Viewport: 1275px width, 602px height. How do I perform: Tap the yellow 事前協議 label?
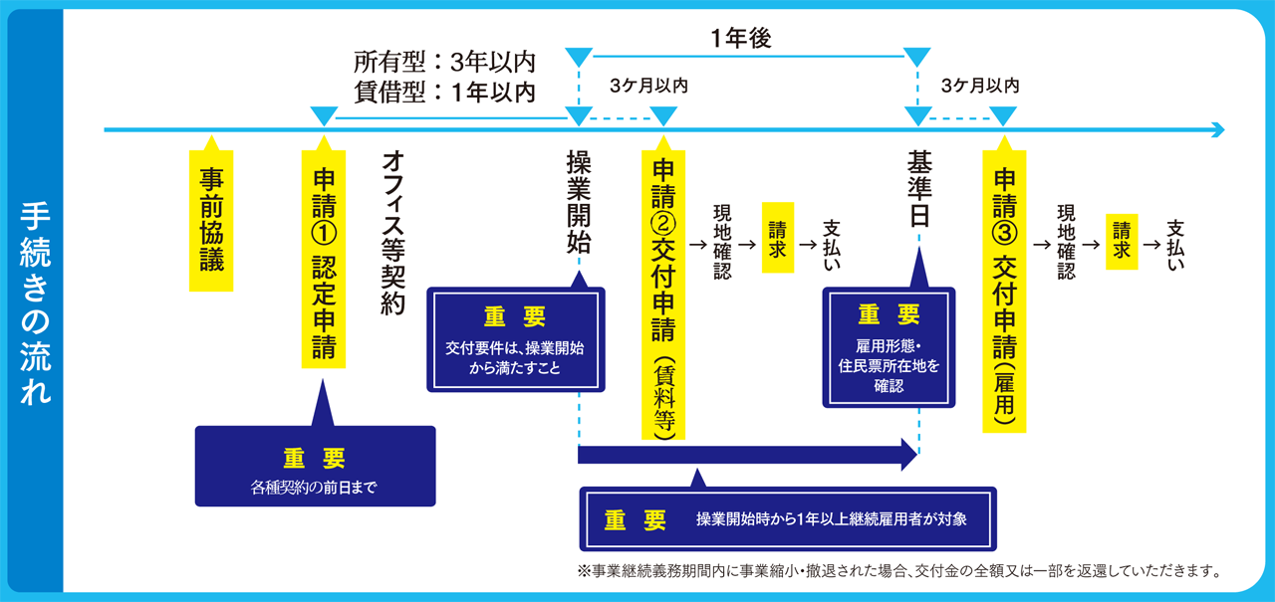click(x=211, y=220)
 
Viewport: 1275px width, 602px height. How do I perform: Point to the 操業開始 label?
click(x=579, y=203)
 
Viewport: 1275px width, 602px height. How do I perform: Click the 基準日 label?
click(x=918, y=189)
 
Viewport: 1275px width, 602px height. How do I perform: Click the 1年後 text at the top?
click(x=741, y=39)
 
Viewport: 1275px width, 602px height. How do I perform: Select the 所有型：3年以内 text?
click(x=444, y=63)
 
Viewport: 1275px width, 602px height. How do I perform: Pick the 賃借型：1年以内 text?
click(x=444, y=92)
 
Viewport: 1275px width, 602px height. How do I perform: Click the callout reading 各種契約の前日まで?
click(x=315, y=467)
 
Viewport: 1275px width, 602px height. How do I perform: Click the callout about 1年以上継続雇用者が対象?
click(x=788, y=518)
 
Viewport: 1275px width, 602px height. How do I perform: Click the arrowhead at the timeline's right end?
click(x=1216, y=130)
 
